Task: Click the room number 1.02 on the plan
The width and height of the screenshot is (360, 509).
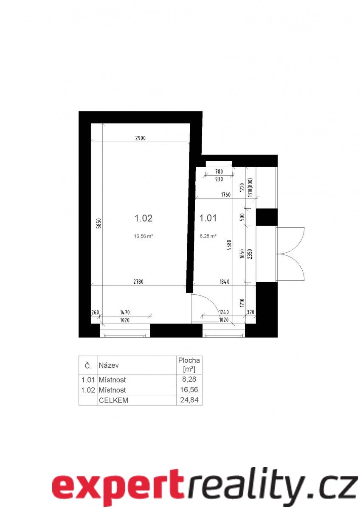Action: tap(143, 218)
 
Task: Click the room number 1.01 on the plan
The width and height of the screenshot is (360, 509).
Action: tap(208, 218)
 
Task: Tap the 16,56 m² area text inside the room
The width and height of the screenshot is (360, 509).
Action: tap(143, 236)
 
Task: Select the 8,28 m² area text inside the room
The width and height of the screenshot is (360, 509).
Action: tap(208, 236)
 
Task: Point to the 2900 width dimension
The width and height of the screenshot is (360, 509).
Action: tap(141, 138)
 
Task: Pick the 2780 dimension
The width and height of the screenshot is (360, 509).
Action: tap(138, 282)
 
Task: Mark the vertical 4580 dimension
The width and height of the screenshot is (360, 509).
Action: tap(230, 245)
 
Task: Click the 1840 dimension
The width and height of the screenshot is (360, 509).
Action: tap(225, 282)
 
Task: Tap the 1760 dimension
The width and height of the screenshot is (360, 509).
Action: tap(225, 195)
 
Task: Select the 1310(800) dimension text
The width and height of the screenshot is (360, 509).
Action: tap(250, 187)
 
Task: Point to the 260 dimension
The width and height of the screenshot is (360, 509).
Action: tap(95, 312)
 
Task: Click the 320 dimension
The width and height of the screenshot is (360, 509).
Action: tap(250, 312)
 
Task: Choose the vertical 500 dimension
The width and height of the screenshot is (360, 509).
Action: tap(242, 217)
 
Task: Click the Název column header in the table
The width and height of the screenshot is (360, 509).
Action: tap(109, 365)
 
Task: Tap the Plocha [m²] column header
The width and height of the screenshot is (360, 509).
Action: tap(189, 364)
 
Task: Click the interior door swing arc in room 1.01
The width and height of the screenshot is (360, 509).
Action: tap(209, 301)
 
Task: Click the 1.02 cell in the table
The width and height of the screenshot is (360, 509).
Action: tap(88, 390)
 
